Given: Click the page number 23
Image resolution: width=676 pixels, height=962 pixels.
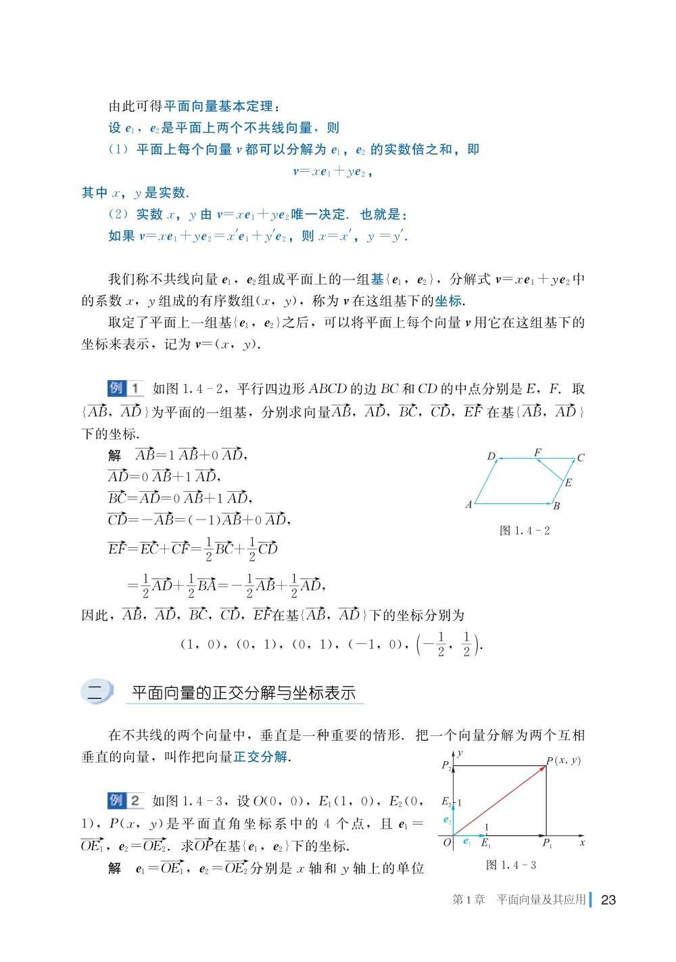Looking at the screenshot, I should tap(608, 900).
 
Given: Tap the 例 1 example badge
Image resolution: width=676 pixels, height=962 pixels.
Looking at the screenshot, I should tap(126, 388).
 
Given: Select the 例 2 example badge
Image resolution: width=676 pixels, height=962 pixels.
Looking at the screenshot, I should tap(126, 801).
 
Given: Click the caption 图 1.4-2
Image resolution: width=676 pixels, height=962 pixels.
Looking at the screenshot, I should tap(525, 531).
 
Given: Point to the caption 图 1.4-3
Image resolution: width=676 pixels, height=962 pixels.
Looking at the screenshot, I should tap(511, 865).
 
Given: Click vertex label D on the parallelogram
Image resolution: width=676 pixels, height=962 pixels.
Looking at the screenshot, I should tap(491, 457).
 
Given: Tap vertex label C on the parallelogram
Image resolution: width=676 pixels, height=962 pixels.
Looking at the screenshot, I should tap(581, 458).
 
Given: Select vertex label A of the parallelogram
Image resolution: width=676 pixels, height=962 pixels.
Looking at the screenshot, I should tap(468, 505).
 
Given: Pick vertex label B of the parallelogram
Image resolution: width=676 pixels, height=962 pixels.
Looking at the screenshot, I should tap(556, 506).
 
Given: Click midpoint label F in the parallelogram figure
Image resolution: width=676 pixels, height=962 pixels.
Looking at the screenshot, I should tap(537, 452).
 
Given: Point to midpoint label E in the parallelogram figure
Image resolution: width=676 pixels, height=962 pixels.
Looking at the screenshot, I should tap(569, 482).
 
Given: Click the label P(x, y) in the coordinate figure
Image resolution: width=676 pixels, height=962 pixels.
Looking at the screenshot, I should tap(564, 760).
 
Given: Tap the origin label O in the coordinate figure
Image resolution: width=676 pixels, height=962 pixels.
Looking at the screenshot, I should tap(447, 843).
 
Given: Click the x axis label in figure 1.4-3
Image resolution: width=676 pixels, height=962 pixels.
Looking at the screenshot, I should tap(582, 843).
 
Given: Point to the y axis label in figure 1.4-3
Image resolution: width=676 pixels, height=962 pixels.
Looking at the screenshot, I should tap(460, 752).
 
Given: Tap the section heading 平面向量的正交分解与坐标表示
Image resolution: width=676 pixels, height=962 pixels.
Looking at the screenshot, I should tap(243, 693).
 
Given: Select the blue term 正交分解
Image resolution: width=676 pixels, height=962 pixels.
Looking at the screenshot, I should tap(260, 757).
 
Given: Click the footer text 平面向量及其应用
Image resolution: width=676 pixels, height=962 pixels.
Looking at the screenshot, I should tap(541, 900).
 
